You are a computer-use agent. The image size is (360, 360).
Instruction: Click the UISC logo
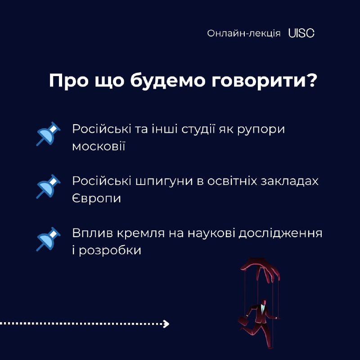click(x=301, y=33)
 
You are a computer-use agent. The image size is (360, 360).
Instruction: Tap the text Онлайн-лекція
click(x=243, y=33)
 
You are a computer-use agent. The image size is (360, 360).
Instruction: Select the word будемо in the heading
click(x=168, y=81)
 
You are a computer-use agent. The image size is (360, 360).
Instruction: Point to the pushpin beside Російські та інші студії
click(x=48, y=134)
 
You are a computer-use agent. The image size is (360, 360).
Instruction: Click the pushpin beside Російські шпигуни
click(x=48, y=186)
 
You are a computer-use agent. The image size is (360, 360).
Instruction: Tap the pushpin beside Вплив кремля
click(x=48, y=239)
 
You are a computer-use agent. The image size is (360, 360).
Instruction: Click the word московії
click(x=99, y=146)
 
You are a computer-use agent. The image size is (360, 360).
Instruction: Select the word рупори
click(x=261, y=130)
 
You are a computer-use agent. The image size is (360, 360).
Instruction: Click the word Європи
click(x=96, y=199)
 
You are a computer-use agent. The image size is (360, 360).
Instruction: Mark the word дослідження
click(x=280, y=234)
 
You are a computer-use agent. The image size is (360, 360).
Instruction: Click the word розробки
click(x=110, y=251)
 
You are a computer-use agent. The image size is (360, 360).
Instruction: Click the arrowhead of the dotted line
click(x=166, y=324)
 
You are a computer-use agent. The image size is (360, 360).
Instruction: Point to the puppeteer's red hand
click(x=261, y=270)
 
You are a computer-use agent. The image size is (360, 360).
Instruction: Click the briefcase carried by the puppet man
click(x=243, y=321)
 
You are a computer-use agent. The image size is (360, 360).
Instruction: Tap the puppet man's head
click(x=264, y=302)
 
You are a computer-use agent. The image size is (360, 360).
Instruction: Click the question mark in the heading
click(x=312, y=81)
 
